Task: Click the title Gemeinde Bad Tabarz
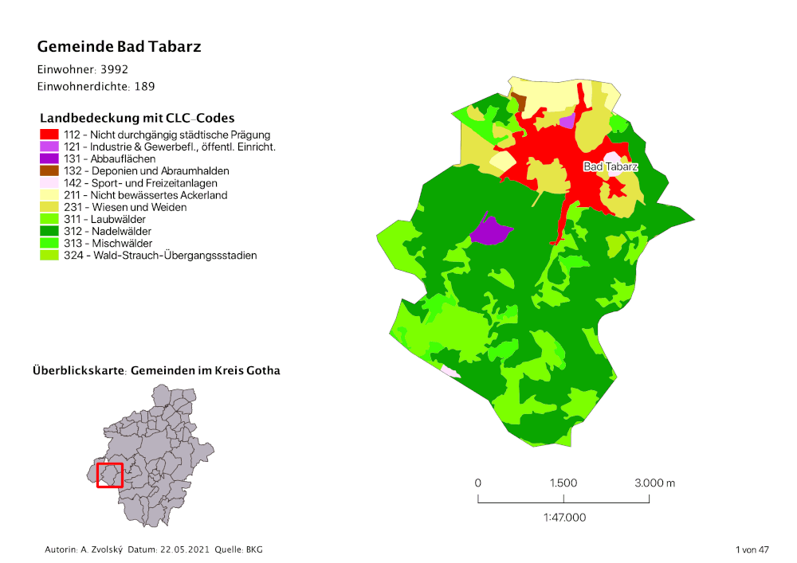(119, 47)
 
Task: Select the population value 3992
(114, 69)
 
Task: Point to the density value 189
(144, 86)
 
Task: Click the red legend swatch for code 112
(49, 135)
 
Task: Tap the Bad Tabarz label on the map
(611, 166)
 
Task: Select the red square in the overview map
(109, 475)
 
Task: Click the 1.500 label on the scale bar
(563, 483)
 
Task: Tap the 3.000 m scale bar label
(654, 483)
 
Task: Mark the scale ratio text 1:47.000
(564, 518)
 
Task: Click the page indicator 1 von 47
(752, 550)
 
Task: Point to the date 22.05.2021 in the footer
(188, 550)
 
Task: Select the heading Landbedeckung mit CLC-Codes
(137, 118)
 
